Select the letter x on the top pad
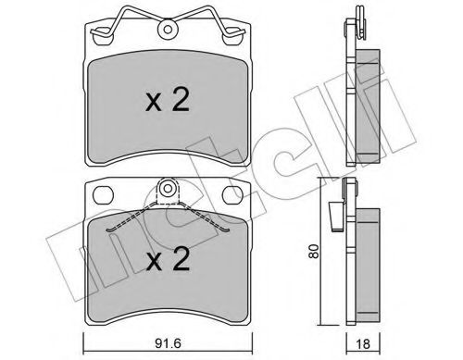point(154,105)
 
